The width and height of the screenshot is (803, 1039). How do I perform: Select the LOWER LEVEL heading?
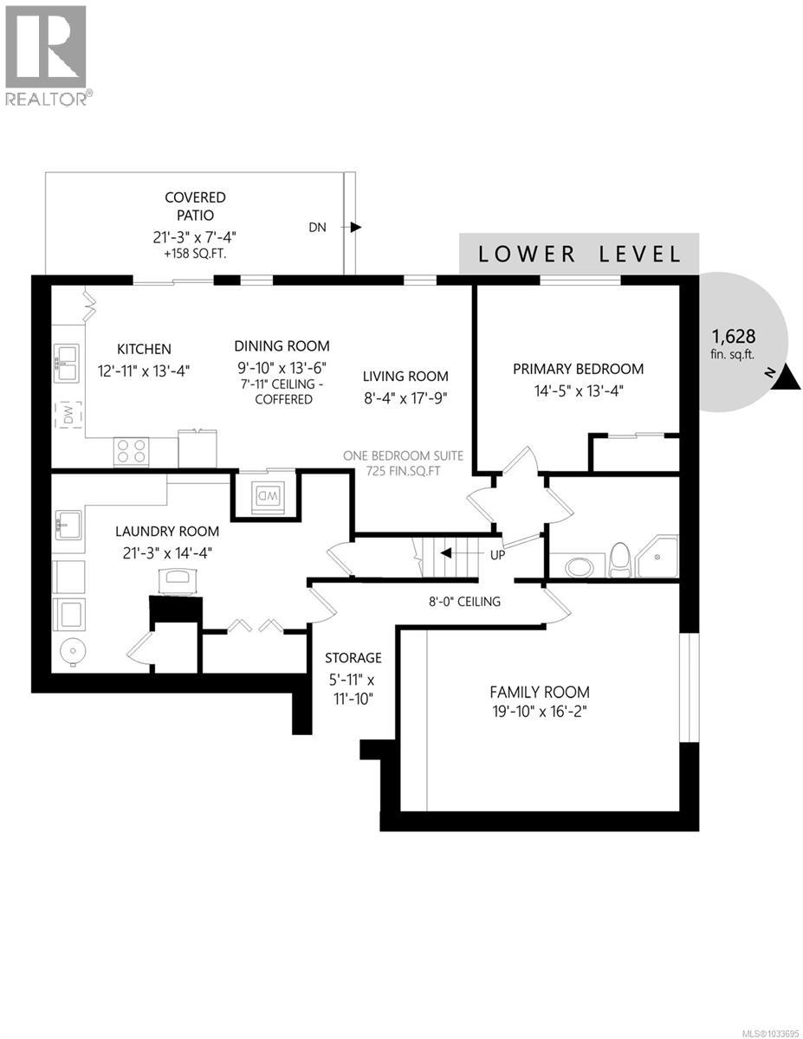(579, 254)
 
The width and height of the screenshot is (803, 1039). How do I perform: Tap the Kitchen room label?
(145, 349)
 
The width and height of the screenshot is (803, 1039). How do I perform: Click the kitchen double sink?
(66, 362)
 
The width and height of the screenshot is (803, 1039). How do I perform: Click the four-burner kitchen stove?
(131, 451)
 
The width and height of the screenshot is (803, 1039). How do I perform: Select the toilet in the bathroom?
(620, 559)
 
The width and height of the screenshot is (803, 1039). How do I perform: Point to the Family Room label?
(540, 692)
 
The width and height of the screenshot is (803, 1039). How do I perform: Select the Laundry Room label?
(168, 531)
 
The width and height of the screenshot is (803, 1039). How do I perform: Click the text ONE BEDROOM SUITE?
(404, 455)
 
